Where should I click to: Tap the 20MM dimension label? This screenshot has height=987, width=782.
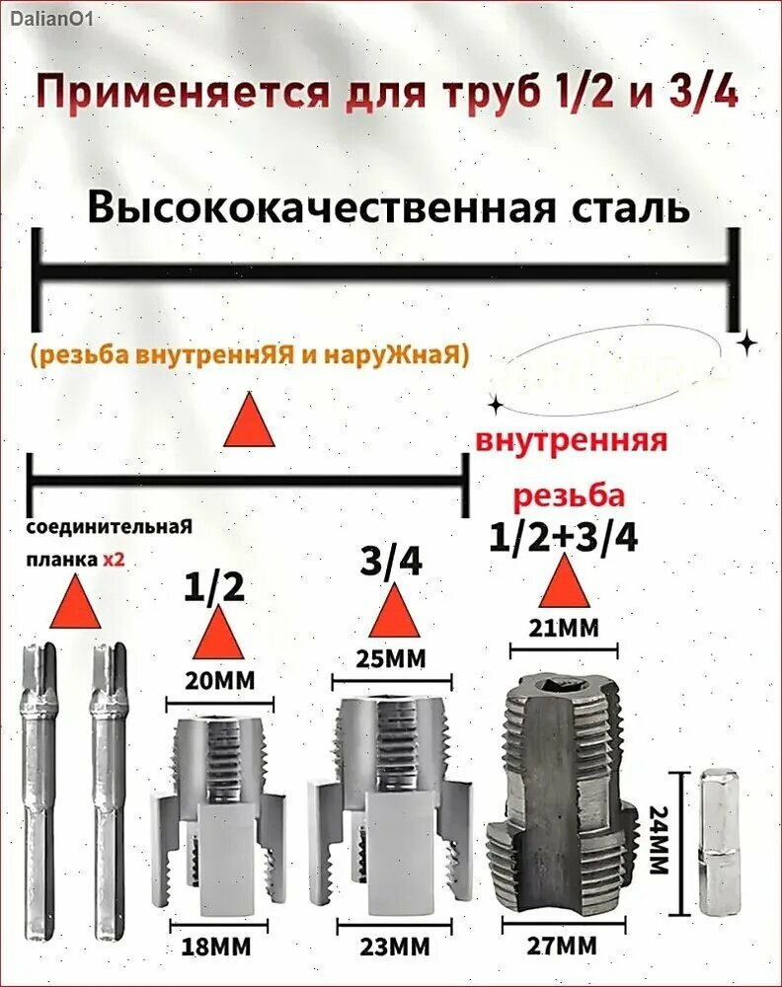218,680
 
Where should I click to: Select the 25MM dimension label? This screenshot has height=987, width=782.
390,658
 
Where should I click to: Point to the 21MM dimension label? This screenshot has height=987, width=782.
564,627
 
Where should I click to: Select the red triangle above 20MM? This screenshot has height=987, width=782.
218,634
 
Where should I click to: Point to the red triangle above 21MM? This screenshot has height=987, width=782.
564,582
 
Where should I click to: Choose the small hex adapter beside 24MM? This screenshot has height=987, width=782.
718,842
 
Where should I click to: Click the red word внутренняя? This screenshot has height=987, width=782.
571,439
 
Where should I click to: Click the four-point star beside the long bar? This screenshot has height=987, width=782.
747,342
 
